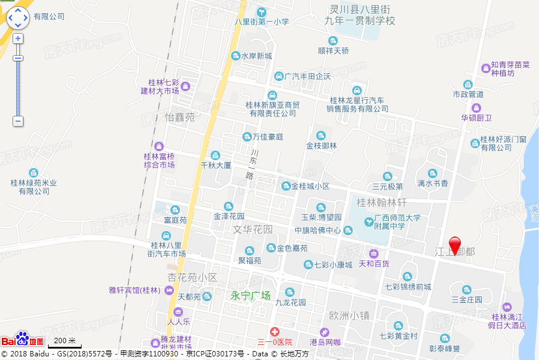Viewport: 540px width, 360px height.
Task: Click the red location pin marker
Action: click(455, 245)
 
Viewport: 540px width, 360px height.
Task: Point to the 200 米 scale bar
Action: click(63, 342)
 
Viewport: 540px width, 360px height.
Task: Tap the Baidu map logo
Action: click(22, 339)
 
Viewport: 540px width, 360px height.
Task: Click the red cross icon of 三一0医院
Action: click(274, 331)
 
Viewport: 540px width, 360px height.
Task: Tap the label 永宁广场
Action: click(251, 296)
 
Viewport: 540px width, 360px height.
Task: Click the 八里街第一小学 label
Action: click(262, 22)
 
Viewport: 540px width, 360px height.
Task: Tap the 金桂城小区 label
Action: click(310, 186)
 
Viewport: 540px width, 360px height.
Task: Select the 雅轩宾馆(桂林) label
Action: click(135, 290)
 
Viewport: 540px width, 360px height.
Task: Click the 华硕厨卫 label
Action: click(476, 118)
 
